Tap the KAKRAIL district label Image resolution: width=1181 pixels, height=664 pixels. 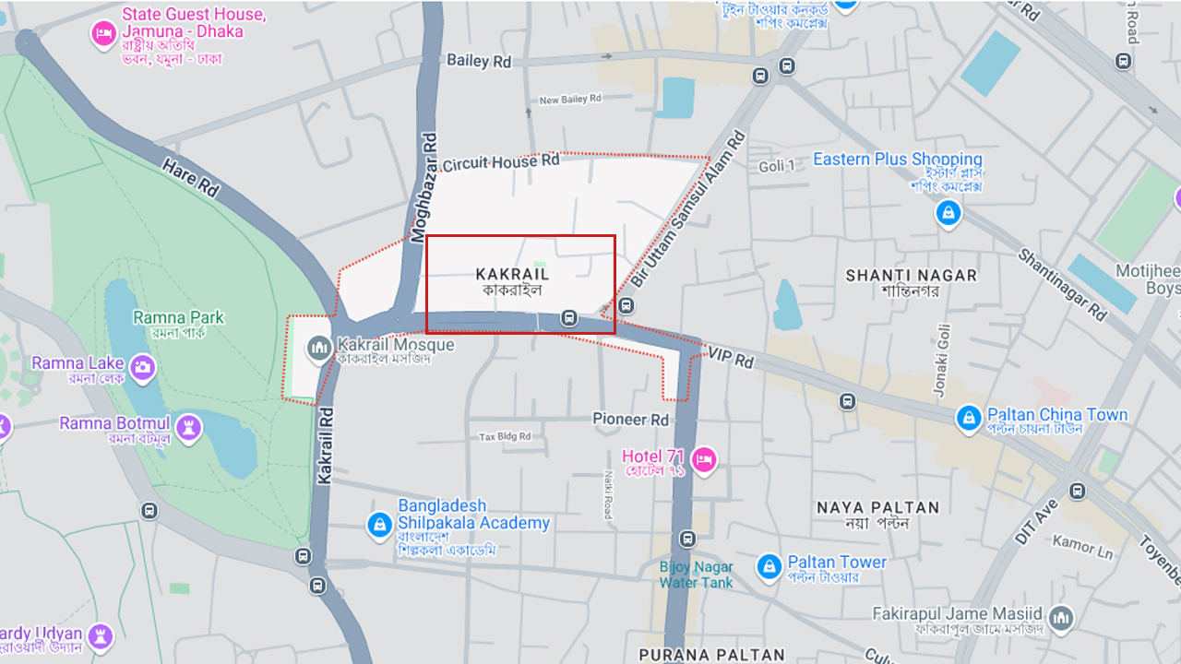512,274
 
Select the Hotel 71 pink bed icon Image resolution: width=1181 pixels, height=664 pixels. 704,458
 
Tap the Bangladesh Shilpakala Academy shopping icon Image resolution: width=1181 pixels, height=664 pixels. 379,524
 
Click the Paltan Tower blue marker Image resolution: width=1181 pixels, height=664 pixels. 769,567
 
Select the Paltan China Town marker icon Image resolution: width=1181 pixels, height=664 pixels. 968,419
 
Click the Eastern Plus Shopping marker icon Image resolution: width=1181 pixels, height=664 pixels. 948,214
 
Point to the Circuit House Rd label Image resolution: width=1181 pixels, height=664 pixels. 501,162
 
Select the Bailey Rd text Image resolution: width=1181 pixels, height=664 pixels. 479,61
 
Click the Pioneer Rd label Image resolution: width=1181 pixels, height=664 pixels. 631,420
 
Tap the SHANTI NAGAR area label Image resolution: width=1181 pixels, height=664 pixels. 911,276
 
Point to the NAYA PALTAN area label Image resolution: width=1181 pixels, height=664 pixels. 877,507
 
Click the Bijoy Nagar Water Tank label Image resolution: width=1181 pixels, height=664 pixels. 697,575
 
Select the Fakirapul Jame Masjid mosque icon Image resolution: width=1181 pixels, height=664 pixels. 1061,616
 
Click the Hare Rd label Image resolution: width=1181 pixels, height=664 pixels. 190,177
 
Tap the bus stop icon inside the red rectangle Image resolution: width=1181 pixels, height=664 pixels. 569,318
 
